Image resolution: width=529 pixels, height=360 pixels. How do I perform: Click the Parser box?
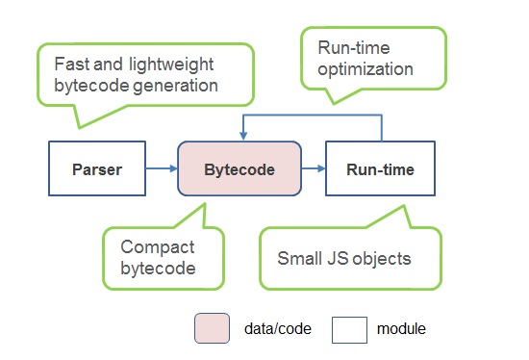point(97,168)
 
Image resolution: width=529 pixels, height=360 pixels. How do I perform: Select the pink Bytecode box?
point(239,168)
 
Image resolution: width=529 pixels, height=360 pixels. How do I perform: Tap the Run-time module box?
point(380,168)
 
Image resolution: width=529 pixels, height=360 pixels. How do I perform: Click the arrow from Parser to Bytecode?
point(162,168)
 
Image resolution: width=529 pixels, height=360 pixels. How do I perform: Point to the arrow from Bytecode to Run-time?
point(314,168)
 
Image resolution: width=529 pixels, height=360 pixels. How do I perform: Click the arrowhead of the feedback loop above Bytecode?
point(243,136)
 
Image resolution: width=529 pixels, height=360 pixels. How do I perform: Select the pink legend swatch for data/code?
point(212,328)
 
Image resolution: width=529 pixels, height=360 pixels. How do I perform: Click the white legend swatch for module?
point(349,330)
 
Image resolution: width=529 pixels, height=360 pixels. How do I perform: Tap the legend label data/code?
point(278,328)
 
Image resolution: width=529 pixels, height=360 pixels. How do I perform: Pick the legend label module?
point(401,328)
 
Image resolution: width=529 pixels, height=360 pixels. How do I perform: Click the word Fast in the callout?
point(71,64)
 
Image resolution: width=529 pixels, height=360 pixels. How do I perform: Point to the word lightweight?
point(171,64)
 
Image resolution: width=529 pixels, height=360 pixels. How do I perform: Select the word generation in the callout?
point(175,86)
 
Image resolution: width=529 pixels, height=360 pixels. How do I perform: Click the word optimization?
point(365,69)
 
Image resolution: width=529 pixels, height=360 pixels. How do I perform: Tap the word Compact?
point(158,247)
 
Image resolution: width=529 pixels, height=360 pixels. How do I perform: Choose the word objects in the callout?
point(382,259)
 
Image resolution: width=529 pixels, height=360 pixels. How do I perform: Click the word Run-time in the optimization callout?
point(354,47)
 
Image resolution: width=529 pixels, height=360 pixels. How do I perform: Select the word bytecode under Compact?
point(159,269)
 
